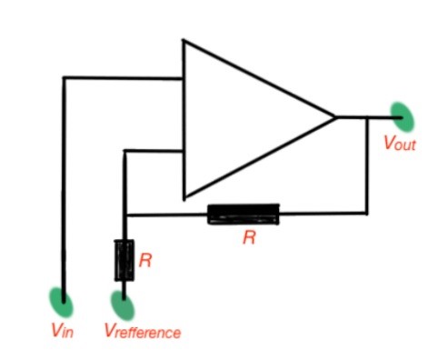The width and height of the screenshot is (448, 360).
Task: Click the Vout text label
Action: [400, 142]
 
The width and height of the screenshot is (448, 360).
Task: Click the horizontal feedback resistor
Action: [244, 215]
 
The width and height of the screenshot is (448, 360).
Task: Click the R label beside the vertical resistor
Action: [144, 260]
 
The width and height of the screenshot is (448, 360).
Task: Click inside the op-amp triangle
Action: [236, 118]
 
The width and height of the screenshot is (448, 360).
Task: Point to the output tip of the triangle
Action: [335, 116]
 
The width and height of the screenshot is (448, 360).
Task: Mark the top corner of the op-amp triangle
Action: [184, 41]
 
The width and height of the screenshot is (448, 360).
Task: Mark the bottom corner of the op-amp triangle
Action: [184, 196]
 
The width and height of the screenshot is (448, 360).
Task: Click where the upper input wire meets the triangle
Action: [184, 78]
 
